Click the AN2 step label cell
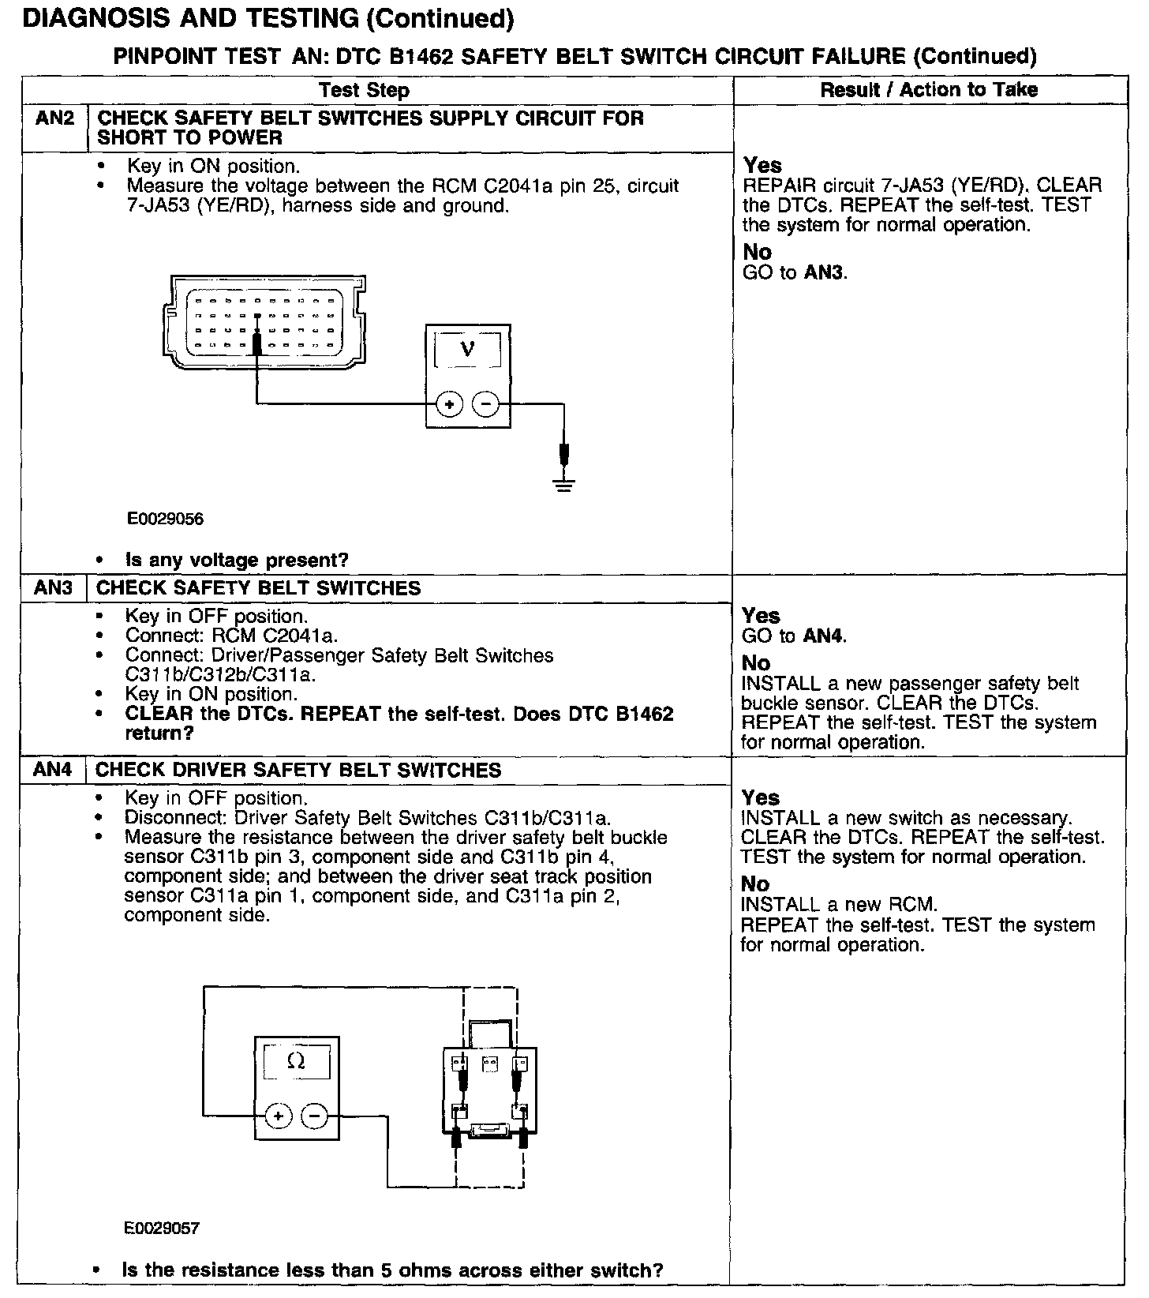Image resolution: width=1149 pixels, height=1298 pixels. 54,119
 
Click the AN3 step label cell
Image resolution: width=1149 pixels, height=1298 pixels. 54,588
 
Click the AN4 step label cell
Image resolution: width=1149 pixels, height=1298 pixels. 54,771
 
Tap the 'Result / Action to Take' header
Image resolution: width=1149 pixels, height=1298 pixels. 929,90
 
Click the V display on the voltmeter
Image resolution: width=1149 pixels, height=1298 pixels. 467,348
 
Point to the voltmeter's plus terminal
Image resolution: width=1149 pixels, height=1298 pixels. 450,405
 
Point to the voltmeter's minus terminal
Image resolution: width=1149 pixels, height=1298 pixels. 485,405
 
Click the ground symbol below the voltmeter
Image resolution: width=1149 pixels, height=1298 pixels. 563,484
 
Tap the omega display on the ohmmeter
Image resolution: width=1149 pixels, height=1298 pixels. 297,1063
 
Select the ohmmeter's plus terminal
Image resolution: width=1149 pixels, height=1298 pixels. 279,1116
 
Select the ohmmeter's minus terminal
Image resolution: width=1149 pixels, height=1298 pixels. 314,1116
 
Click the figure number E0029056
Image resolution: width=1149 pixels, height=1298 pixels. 165,519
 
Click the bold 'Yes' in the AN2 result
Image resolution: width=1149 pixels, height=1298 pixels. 762,166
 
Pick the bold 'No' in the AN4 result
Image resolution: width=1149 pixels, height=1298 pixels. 755,884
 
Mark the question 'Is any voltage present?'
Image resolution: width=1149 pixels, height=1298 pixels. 237,560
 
